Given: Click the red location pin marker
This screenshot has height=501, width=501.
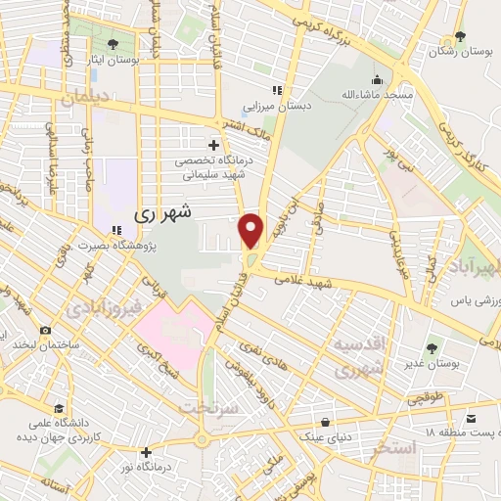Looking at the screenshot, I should (x=251, y=230).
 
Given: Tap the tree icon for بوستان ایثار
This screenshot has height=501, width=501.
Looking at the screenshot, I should (x=114, y=44).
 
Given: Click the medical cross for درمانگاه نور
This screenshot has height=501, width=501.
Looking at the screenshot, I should (x=146, y=452).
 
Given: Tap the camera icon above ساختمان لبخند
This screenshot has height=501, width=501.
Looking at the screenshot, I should (x=45, y=332).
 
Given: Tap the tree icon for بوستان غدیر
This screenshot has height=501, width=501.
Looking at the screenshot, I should (x=433, y=347).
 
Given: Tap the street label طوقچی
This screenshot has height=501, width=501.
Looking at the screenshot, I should (x=425, y=399).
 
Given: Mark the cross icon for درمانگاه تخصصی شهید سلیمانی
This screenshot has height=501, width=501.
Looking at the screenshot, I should (x=214, y=145).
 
